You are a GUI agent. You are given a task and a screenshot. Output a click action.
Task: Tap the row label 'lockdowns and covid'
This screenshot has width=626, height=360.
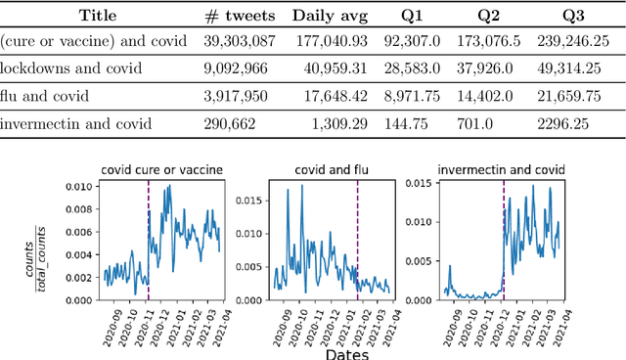pos(71,69)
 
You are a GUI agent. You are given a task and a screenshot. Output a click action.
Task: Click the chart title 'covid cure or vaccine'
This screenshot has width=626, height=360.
pos(162,170)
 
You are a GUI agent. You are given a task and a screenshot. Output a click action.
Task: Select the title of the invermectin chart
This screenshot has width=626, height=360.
pos(501,170)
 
